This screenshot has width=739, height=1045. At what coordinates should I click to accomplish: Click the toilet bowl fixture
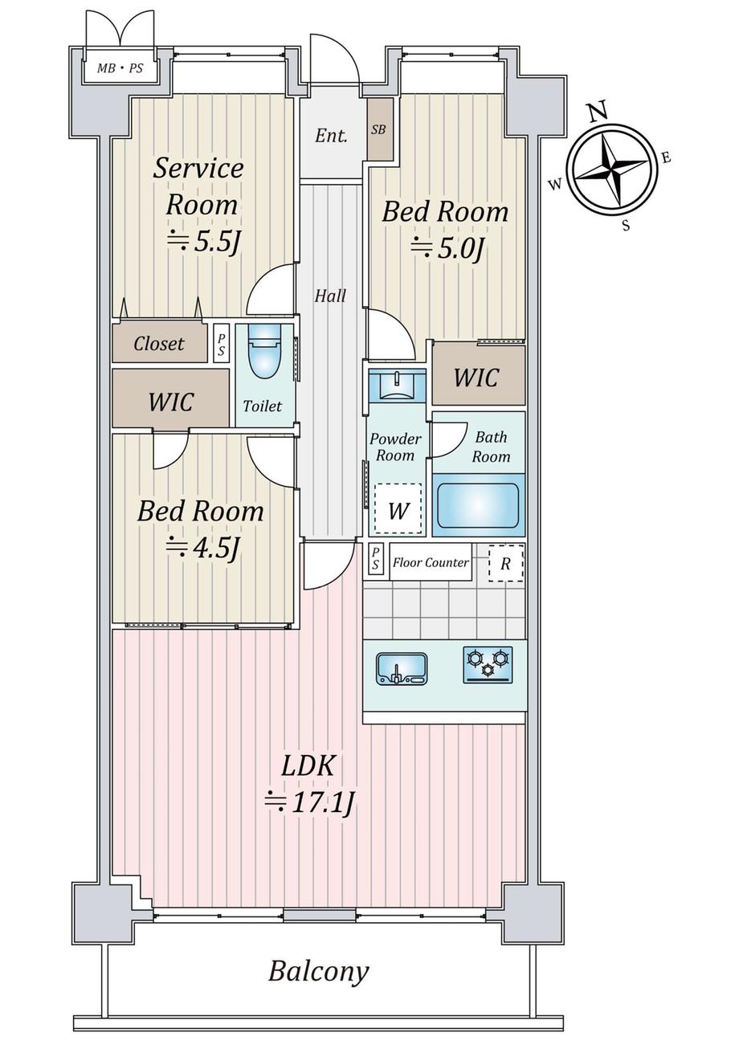265,350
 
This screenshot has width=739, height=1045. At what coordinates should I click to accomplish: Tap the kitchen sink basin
401,668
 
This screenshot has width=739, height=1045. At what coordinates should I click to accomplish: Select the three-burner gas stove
488,664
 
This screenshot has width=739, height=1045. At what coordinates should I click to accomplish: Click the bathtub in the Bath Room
477,505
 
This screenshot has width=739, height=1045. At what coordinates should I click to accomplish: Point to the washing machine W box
398,509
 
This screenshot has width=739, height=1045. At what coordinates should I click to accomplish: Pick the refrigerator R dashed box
506,564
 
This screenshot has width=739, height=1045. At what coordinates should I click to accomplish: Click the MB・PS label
120,68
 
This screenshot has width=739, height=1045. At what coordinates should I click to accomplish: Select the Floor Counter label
431,562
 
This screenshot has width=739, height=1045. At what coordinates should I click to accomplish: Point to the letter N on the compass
598,111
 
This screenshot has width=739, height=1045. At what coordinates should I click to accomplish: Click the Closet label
158,344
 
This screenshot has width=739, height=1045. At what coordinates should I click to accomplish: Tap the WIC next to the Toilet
171,401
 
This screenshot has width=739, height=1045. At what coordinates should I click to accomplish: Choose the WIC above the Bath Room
476,377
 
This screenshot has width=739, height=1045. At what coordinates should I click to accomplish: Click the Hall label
330,296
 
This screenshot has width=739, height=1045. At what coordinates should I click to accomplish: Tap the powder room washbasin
397,386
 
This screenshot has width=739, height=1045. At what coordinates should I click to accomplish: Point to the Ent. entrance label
331,136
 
